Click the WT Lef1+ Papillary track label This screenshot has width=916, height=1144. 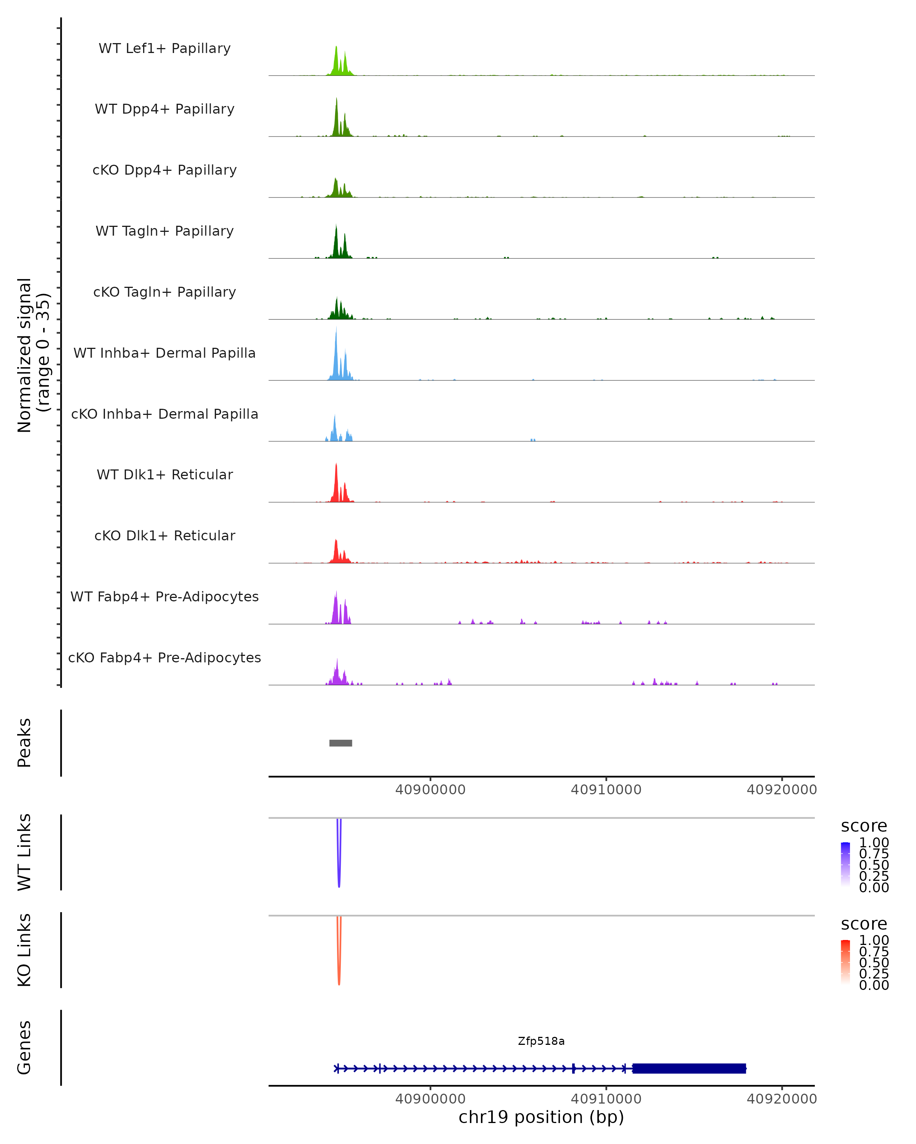(164, 48)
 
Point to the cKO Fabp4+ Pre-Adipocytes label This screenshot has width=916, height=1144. (164, 657)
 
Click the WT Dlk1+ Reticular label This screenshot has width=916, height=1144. (164, 474)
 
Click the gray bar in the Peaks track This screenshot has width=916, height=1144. (340, 743)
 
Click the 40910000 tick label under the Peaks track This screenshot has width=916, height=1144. (606, 790)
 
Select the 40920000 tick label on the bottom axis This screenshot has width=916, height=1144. (782, 1099)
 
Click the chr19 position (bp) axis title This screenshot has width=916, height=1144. (541, 1117)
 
